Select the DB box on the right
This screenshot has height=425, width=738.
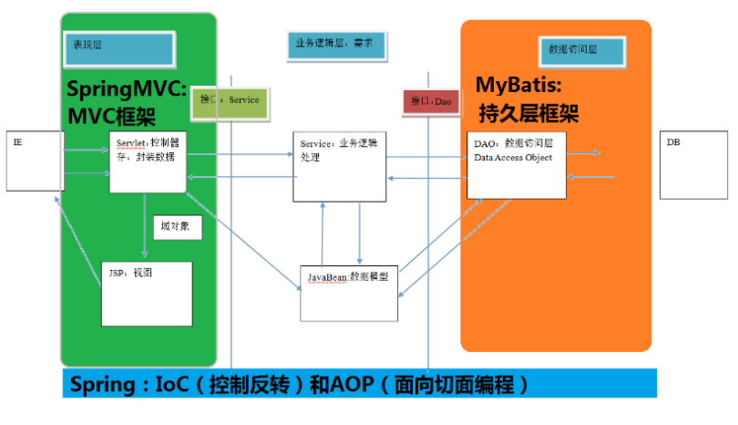[x=692, y=164]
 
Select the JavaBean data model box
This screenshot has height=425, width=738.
[x=349, y=293]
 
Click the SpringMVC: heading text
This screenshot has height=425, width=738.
[x=127, y=90]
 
